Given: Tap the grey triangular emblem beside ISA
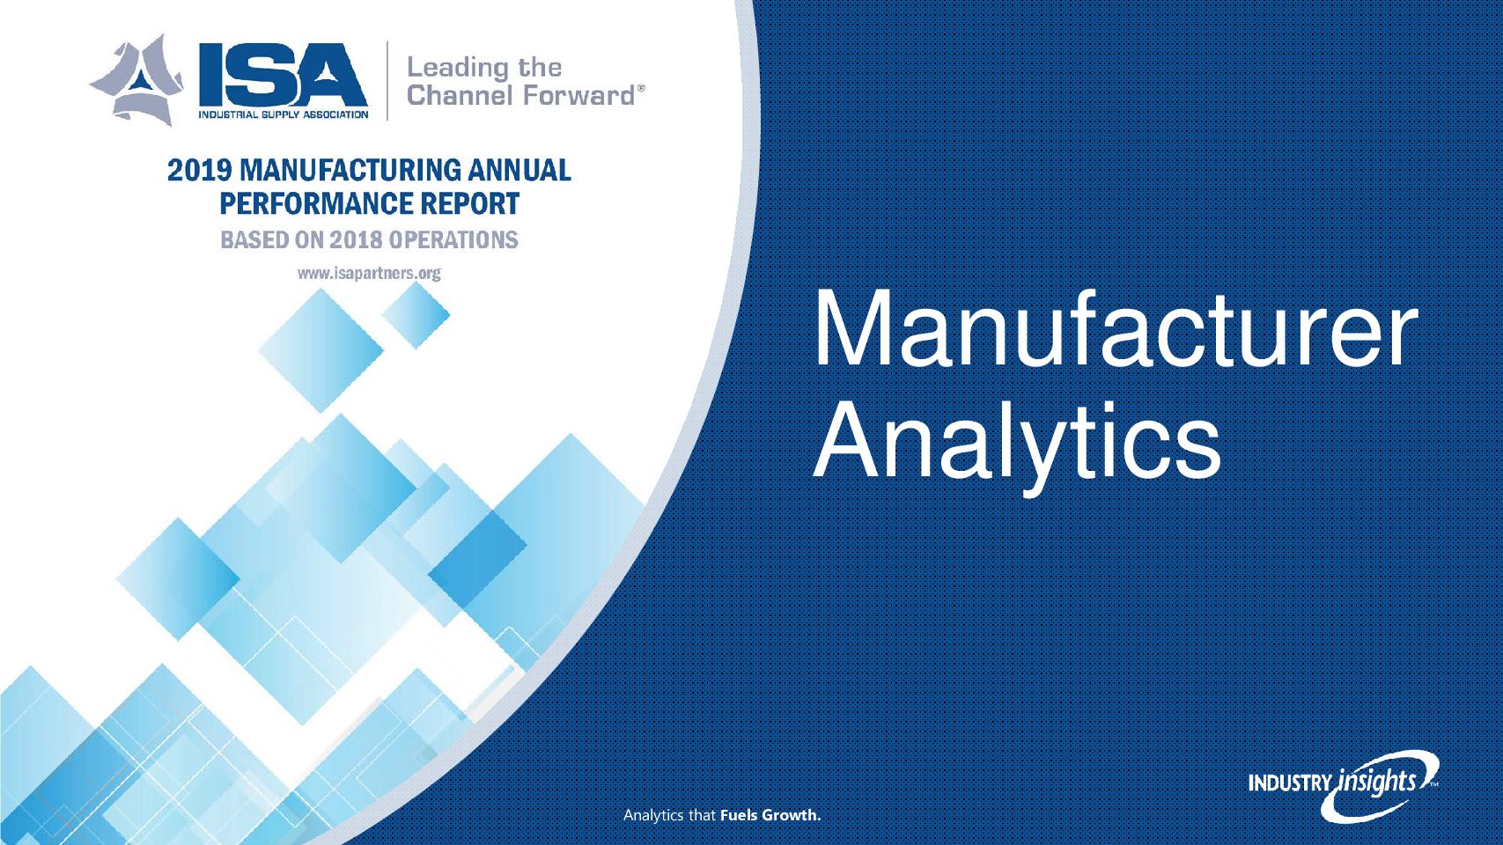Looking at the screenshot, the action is (x=139, y=80).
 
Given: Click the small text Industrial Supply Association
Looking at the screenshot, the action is (x=283, y=114).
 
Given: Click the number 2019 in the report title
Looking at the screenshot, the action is (x=199, y=171).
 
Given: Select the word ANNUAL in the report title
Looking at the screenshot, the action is (x=519, y=171).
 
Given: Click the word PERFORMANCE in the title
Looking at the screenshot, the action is (x=313, y=204).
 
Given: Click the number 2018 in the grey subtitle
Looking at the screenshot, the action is (x=351, y=240).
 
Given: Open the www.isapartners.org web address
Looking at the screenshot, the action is (x=369, y=274).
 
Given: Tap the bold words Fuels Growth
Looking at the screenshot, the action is (x=770, y=816).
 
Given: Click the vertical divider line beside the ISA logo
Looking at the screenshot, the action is (x=387, y=80).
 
